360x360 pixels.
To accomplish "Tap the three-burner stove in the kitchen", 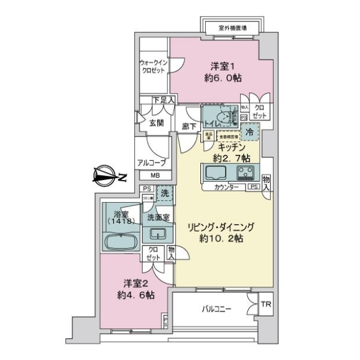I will (x=246, y=173).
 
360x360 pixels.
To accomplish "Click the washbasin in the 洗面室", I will (x=158, y=234).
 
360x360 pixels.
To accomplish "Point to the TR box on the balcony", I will (x=265, y=305).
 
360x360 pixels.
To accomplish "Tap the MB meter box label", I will (x=155, y=175).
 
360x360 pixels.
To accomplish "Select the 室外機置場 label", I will (x=232, y=28).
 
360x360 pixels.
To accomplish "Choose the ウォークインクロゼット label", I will (x=153, y=66).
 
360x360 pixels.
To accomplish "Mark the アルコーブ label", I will (x=148, y=162).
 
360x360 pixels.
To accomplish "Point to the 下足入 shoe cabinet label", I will (x=163, y=100).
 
